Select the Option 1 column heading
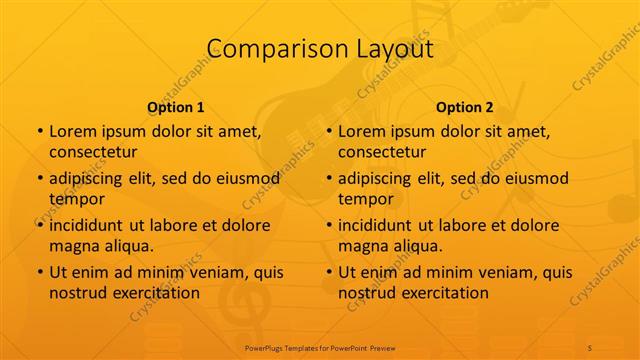click(x=176, y=107)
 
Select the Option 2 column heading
click(x=465, y=107)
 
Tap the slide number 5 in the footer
click(x=590, y=347)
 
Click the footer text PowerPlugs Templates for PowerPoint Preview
click(x=320, y=347)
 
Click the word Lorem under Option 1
click(x=73, y=131)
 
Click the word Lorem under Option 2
click(x=362, y=131)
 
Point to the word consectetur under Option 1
click(x=93, y=151)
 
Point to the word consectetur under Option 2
click(x=382, y=151)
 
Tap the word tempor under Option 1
click(x=76, y=199)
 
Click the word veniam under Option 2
click(x=487, y=273)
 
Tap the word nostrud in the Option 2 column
click(x=366, y=293)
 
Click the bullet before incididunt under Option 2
click(x=329, y=226)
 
